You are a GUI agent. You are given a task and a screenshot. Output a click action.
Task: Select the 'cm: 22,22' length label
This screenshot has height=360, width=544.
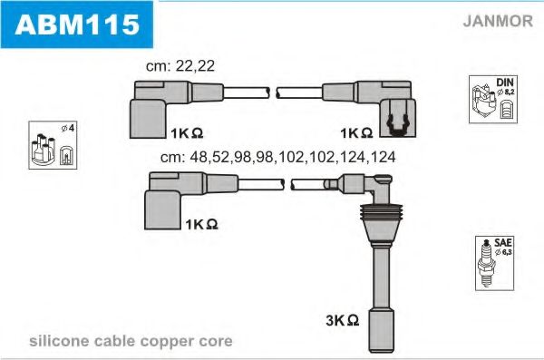(x=181, y=66)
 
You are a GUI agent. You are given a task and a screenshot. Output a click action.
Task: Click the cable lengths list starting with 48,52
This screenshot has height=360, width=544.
(x=277, y=156)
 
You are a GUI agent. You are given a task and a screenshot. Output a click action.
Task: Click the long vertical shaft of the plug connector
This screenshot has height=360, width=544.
(x=380, y=272)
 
